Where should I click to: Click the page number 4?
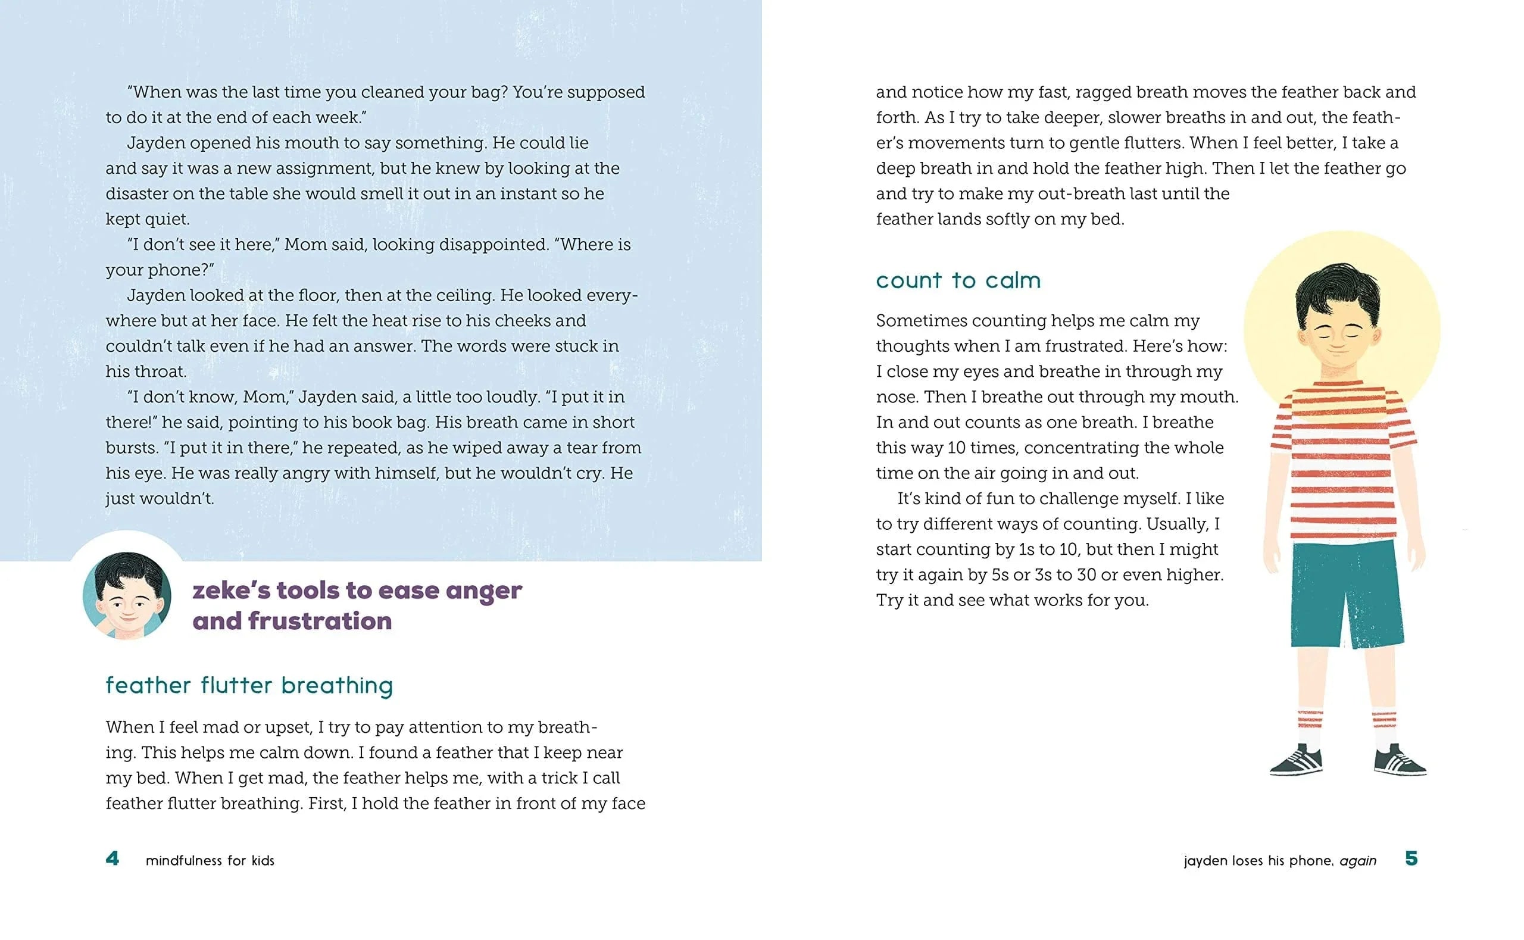coord(113,858)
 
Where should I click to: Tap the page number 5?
coord(1411,858)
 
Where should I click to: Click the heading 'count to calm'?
coord(958,280)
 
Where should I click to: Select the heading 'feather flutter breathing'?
coord(249,685)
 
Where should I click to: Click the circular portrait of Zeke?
coord(127,595)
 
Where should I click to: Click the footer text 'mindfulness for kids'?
coord(210,860)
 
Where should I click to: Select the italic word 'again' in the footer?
coord(1358,860)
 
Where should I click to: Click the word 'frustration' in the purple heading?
coord(320,621)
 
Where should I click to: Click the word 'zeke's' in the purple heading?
coord(231,591)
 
